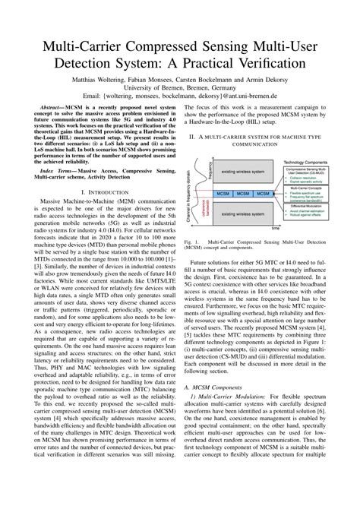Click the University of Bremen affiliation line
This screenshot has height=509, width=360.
[180, 89]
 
